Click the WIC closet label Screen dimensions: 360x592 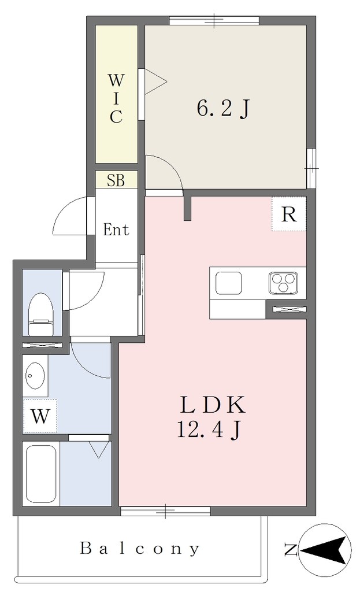pos(116,99)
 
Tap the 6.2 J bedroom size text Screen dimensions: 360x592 pos(222,109)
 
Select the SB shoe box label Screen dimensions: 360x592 pos(116,180)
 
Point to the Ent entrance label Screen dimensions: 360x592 pos(116,230)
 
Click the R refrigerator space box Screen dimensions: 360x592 pos(289,214)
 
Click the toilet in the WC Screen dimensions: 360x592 pos(41,314)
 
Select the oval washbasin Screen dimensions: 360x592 pos(35,375)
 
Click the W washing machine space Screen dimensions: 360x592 pos(40,416)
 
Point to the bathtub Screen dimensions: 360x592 pos(40,474)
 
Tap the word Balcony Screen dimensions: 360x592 pos(139,548)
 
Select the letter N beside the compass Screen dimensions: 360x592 pos(291,550)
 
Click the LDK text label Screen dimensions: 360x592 pos(213,405)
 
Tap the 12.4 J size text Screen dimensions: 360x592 pos(209,430)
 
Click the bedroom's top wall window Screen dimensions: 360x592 pos(214,20)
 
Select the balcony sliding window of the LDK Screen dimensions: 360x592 pos(165,511)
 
